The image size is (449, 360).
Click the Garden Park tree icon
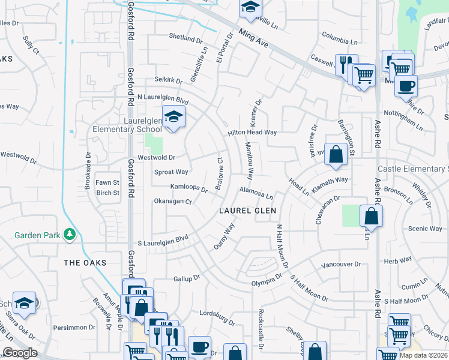point(70,235)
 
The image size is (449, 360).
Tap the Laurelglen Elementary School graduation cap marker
point(173,116)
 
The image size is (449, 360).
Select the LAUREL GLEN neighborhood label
point(247,211)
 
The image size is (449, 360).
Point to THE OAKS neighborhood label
point(85,263)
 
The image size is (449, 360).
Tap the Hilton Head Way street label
point(252,133)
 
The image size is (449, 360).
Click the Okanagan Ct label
point(172,202)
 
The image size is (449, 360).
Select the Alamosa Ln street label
point(256,192)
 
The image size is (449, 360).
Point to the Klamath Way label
point(333,179)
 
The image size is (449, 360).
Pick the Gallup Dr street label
point(186,278)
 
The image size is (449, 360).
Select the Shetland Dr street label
point(185,38)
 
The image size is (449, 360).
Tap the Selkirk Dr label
point(168,80)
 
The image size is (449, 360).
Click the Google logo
point(20,353)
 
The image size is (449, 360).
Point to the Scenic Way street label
point(425,229)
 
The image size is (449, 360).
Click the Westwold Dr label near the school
point(156,158)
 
